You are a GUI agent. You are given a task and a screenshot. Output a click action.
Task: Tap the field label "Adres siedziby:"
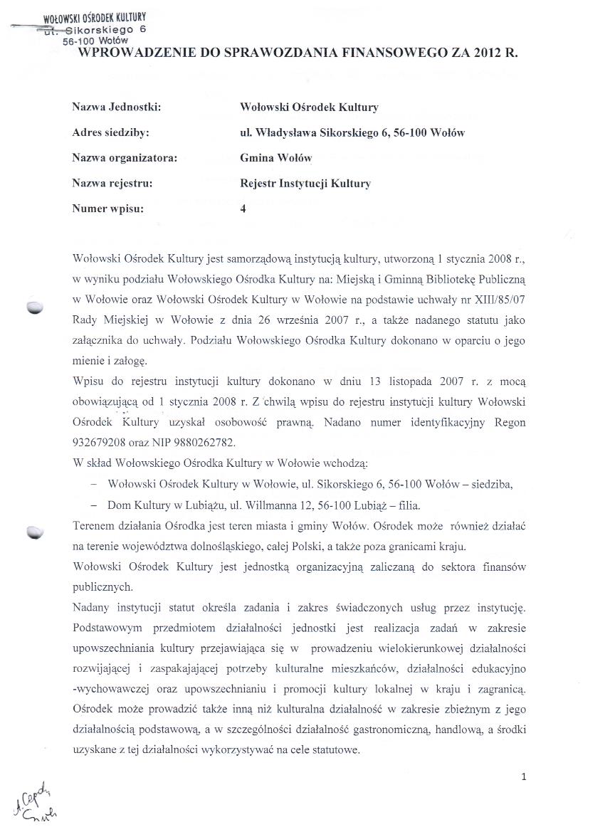(x=110, y=132)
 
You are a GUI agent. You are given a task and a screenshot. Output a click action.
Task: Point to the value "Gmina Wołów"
(x=276, y=157)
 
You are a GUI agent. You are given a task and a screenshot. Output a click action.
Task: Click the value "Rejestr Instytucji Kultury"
(x=305, y=183)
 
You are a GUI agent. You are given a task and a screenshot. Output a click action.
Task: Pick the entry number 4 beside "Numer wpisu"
(x=243, y=209)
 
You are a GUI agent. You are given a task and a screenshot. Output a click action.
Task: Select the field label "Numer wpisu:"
(x=107, y=209)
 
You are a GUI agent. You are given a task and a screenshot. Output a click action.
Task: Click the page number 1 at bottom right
(x=523, y=777)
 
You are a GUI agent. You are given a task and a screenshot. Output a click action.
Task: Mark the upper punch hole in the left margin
(x=35, y=307)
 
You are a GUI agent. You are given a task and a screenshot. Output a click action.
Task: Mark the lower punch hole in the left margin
(x=35, y=532)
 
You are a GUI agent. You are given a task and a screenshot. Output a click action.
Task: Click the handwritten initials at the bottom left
(x=32, y=804)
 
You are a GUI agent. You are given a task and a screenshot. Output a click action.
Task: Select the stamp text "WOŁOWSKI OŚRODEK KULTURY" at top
(x=94, y=17)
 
